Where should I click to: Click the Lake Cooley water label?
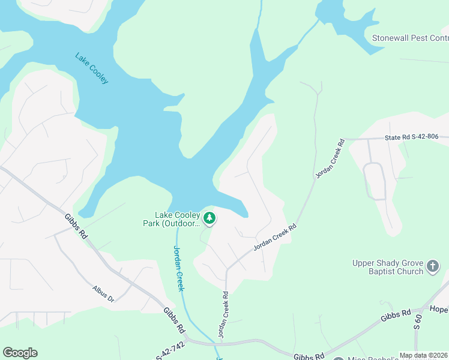[x=92, y=68]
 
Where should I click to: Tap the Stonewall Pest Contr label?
[x=410, y=38]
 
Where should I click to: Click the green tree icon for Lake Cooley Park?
[x=209, y=218]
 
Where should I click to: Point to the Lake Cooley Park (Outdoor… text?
[x=177, y=220]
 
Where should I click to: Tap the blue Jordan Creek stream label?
[x=178, y=268]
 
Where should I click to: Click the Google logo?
[x=20, y=353]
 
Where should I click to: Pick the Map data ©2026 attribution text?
[x=423, y=355]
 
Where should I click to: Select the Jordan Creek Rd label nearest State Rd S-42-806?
[x=330, y=158]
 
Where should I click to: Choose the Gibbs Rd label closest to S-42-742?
[x=173, y=320]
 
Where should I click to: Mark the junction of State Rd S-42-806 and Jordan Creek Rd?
[x=346, y=139]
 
